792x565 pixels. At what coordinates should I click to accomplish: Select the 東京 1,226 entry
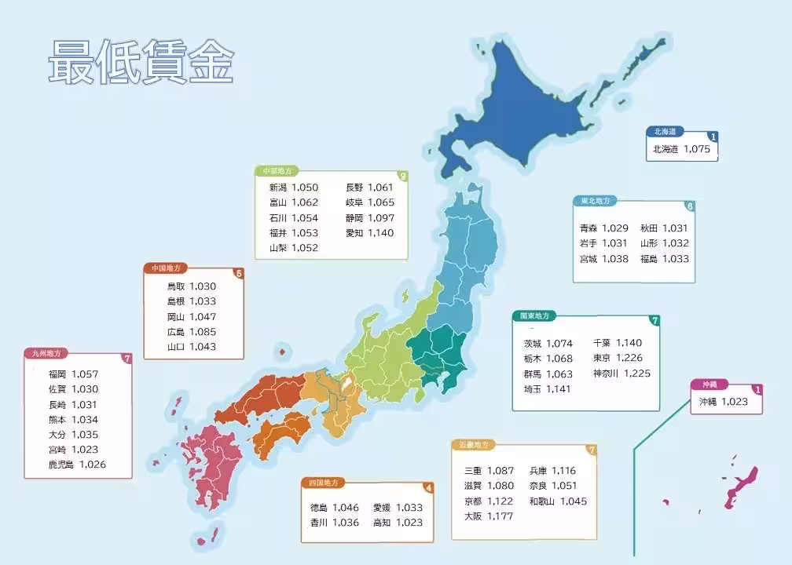click(x=618, y=358)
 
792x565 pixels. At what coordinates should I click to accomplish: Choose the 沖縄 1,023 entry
click(x=729, y=402)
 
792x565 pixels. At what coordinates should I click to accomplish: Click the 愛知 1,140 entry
click(x=369, y=233)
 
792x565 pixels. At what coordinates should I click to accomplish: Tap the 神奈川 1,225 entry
click(x=621, y=373)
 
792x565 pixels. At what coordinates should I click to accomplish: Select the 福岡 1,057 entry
click(x=73, y=374)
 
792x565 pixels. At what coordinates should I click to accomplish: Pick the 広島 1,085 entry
click(x=191, y=331)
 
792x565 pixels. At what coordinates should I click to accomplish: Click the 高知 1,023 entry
click(x=398, y=523)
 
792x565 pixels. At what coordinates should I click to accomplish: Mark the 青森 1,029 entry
click(x=603, y=228)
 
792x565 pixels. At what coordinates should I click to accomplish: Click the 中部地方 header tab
click(x=277, y=170)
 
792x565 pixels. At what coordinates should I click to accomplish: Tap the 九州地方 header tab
click(x=46, y=354)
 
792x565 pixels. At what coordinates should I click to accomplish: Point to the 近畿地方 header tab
click(x=473, y=445)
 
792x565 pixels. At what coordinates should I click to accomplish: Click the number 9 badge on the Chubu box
click(x=402, y=177)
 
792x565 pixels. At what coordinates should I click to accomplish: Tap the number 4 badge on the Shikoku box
click(x=427, y=487)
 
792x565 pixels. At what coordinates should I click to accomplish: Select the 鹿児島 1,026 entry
click(x=76, y=465)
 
